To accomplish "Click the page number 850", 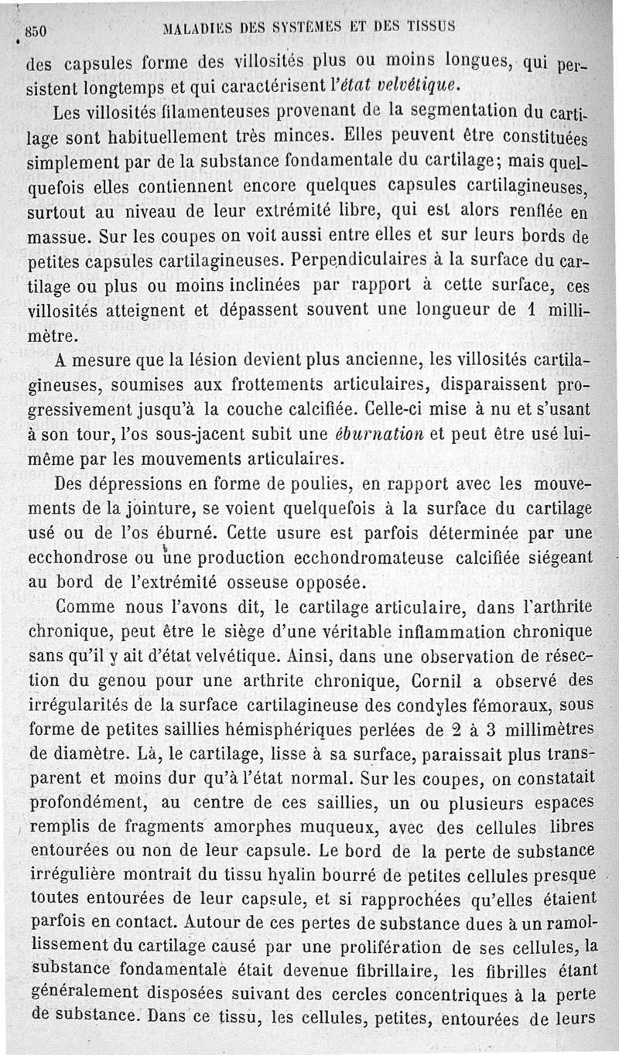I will pos(37,32).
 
